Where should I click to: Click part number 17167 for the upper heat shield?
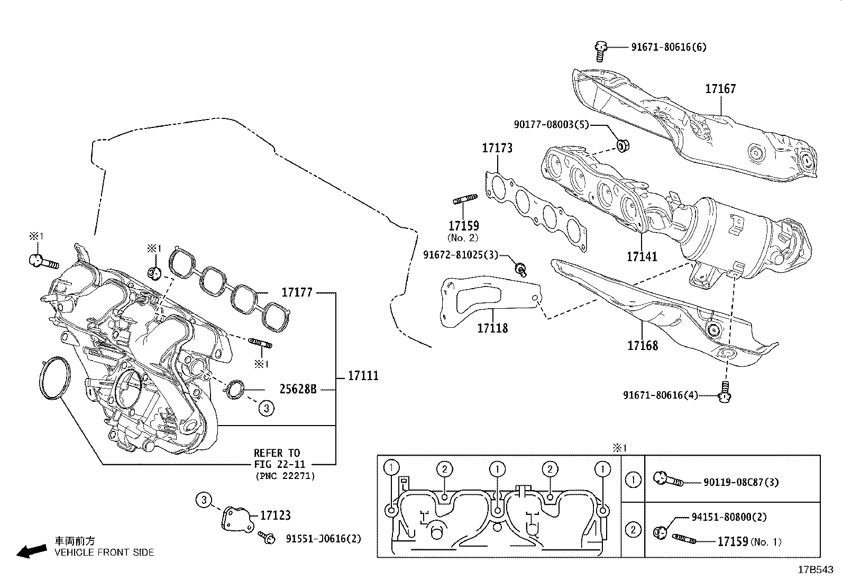pos(720,89)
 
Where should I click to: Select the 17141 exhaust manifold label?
pos(642,257)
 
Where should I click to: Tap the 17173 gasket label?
pos(497,148)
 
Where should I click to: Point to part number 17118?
pos(492,328)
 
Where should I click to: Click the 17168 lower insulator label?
pos(642,346)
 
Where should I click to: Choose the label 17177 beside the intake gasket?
pos(297,292)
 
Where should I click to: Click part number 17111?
pos(363,376)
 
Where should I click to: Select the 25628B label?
pos(298,390)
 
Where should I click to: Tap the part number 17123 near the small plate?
pos(276,515)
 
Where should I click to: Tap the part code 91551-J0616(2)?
pos(323,539)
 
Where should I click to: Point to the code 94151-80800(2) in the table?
pos(729,518)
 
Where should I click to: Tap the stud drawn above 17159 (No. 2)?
pos(465,199)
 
